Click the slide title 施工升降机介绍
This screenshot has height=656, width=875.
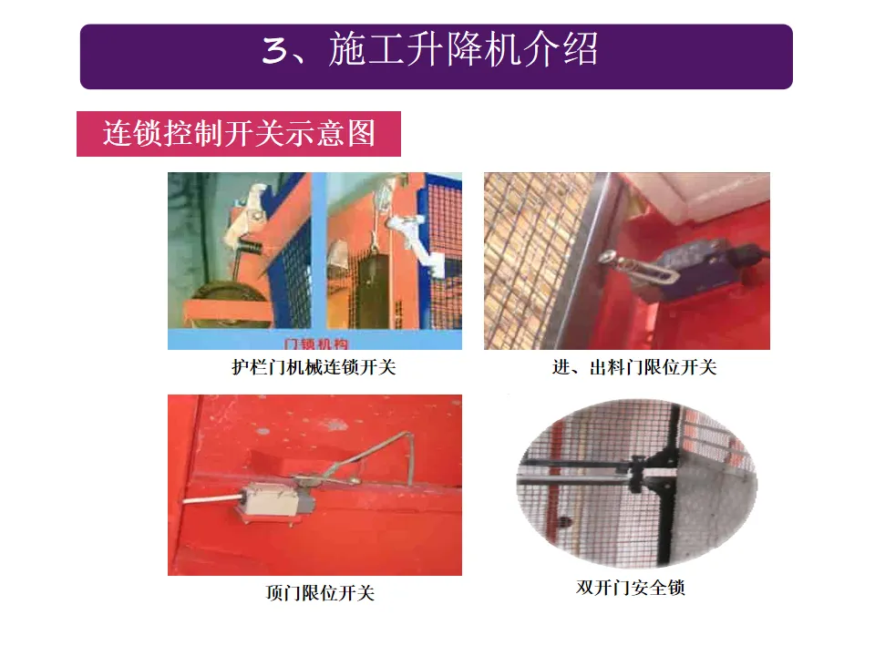coord(463,49)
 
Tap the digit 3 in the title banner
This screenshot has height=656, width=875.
coord(274,51)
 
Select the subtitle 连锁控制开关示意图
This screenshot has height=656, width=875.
coord(238,133)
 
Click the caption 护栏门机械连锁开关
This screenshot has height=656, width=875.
coord(314,367)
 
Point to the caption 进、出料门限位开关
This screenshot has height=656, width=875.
coord(634,367)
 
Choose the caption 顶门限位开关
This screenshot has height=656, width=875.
coord(320,592)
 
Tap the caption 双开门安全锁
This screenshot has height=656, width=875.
coord(631,588)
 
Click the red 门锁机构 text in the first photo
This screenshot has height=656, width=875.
coord(316,343)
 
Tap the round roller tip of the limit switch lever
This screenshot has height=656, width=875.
coord(607,257)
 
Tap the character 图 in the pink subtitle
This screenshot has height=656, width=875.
coord(361,133)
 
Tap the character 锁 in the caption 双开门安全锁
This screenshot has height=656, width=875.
coord(676,588)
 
